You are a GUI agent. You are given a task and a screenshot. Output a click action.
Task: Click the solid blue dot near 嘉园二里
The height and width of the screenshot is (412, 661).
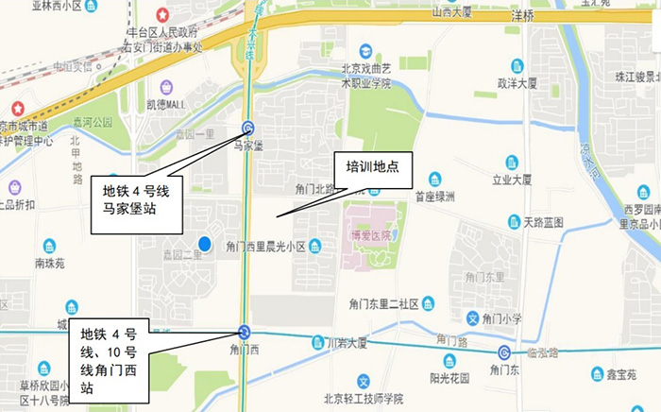point(204,243)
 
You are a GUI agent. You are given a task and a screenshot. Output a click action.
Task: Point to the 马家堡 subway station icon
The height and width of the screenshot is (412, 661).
point(248,129)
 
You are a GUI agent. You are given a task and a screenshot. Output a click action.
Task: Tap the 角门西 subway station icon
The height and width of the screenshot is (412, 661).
point(245,332)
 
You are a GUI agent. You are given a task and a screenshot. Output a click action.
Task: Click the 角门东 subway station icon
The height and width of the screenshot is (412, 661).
point(504,353)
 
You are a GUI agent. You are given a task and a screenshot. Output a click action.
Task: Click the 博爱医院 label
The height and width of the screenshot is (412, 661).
point(371,235)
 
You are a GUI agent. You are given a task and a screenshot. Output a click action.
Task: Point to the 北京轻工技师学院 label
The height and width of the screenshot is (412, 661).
point(363,398)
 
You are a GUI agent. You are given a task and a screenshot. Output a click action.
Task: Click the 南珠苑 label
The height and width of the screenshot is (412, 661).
point(48,264)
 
